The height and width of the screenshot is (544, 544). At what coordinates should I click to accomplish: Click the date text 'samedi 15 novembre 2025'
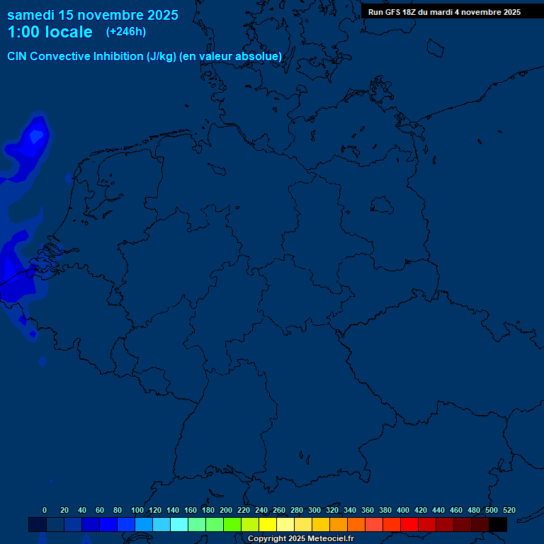coord(92,15)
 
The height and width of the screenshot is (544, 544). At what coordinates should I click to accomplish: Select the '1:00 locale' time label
coord(50,32)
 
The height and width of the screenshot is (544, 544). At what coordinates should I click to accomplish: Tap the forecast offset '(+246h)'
coord(126,32)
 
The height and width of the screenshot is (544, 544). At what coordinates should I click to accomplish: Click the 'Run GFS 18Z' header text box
coord(444,12)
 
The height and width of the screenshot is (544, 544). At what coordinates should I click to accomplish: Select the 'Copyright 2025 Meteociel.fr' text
coord(300,538)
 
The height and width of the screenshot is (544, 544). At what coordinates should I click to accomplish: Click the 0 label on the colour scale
coord(45,510)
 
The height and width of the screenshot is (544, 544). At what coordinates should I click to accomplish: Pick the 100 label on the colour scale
coord(137,510)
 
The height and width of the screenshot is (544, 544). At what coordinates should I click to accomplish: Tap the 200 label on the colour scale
coord(226,510)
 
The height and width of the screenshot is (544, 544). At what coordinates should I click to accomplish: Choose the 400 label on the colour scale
coord(403,510)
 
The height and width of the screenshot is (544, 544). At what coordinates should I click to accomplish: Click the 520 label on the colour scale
coord(509,510)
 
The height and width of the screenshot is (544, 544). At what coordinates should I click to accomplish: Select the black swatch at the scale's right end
coord(498,525)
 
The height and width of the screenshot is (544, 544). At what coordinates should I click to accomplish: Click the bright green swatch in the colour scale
coord(232,525)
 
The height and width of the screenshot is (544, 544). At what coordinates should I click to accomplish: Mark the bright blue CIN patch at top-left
coord(35,138)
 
